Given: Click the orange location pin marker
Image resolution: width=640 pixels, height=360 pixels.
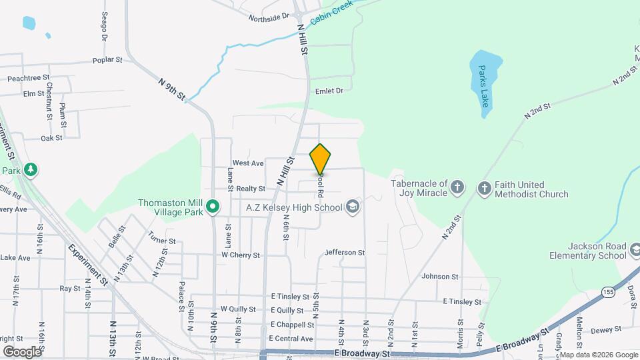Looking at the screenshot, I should point(320,159).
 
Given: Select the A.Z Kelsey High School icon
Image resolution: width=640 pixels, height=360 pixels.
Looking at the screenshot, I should point(353,207).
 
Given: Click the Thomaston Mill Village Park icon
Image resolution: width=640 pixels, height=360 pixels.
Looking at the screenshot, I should point(213,207).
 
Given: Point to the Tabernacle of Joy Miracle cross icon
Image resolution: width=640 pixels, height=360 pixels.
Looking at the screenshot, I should point(457,188).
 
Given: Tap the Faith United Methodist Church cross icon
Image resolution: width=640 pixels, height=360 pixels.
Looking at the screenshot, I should point(485,188).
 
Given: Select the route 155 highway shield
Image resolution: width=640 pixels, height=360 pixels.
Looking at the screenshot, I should point(607,292).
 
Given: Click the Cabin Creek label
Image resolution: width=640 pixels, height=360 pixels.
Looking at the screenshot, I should point(331,13).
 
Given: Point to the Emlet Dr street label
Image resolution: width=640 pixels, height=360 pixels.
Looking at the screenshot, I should point(329,91).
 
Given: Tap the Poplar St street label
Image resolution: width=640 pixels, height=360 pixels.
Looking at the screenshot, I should point(109,60).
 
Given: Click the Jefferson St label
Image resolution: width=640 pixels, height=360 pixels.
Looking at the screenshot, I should point(345,253).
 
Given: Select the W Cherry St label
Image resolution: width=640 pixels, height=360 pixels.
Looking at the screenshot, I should point(241,255).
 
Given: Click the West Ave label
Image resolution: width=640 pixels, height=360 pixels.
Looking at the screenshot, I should point(248,163).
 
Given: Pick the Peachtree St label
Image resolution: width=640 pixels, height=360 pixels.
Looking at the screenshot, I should point(29,78).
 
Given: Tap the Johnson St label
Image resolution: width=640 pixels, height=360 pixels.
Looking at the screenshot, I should point(440,276).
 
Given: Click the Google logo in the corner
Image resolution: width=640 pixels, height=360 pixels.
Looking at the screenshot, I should point(22,351).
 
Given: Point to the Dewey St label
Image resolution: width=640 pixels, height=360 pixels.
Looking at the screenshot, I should point(606,329).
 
